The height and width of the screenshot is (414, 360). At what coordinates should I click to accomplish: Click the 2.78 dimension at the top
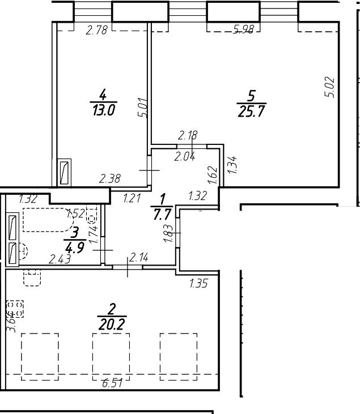click(97, 31)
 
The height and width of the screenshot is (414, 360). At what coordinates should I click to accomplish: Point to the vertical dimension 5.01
click(143, 108)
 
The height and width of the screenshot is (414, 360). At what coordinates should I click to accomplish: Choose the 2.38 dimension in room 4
click(110, 180)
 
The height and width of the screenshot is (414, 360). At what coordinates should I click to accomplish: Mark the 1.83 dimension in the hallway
click(167, 233)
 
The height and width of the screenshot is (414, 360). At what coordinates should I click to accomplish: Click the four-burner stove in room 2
click(15, 308)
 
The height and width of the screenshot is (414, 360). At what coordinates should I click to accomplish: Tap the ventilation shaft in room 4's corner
click(65, 171)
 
